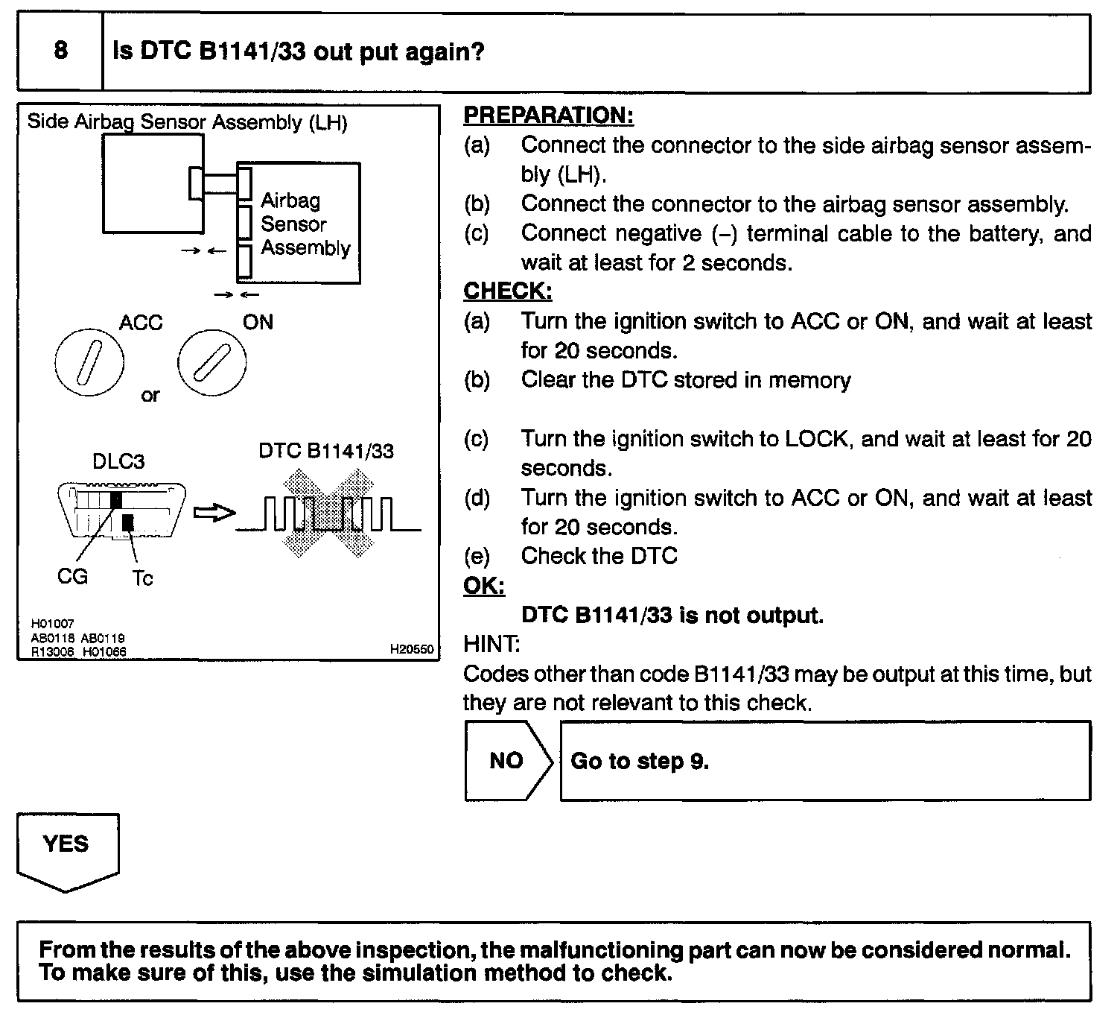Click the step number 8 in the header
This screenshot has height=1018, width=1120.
pyautogui.click(x=60, y=51)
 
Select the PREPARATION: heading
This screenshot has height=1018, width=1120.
pyautogui.click(x=548, y=116)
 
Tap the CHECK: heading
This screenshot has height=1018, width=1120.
pyautogui.click(x=508, y=291)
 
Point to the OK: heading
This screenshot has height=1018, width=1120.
pyautogui.click(x=484, y=586)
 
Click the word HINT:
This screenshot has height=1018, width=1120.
pyautogui.click(x=491, y=643)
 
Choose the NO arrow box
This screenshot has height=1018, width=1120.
pyautogui.click(x=508, y=761)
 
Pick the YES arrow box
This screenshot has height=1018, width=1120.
pyautogui.click(x=67, y=849)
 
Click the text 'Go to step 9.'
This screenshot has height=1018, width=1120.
pyautogui.click(x=639, y=761)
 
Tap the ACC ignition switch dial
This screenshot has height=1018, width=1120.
pyautogui.click(x=89, y=364)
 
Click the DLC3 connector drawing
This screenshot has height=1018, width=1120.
pyautogui.click(x=121, y=510)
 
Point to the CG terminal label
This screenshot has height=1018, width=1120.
pyautogui.click(x=72, y=576)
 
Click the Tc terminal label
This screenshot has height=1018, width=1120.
pyautogui.click(x=142, y=578)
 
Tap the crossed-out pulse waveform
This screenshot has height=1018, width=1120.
pyautogui.click(x=328, y=513)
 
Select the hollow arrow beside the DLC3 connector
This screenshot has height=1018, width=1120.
pyautogui.click(x=214, y=513)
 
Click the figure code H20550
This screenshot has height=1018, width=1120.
pyautogui.click(x=411, y=649)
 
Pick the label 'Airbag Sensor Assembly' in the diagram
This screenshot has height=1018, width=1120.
pyautogui.click(x=305, y=224)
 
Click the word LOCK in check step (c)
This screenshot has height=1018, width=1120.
pyautogui.click(x=817, y=439)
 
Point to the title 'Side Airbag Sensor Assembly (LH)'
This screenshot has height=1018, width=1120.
pyautogui.click(x=187, y=122)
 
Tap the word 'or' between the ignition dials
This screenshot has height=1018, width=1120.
pyautogui.click(x=150, y=395)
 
